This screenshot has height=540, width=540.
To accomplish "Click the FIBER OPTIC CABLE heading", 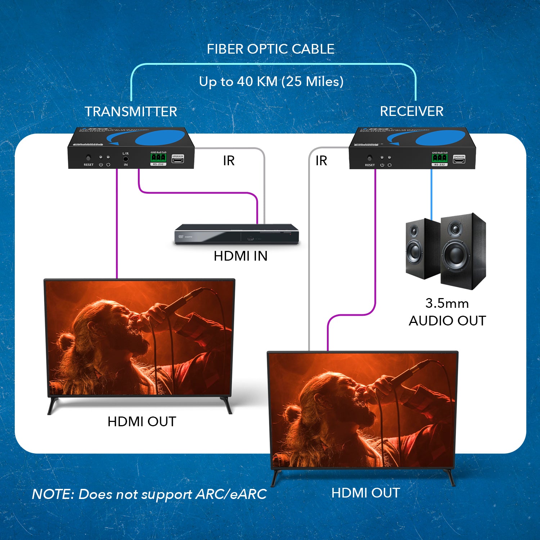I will pos(270,49).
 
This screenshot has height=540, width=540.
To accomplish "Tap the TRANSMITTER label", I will pos(131,112).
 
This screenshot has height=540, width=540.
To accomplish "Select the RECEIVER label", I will pos(411,111).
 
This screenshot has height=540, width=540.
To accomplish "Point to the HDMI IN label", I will pos(240,256).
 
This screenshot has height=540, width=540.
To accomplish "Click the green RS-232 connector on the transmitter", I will pos(158,158).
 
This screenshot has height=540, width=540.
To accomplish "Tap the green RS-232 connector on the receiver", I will pos(440,158).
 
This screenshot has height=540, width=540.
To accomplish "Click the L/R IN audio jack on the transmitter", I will pos(126,158).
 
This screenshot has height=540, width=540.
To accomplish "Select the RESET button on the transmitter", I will pos(88,158).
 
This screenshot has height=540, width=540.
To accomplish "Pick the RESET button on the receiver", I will pos(369,158).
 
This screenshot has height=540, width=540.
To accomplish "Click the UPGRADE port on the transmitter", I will pos(177,159).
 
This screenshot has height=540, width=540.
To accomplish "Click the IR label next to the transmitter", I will pos(229,161).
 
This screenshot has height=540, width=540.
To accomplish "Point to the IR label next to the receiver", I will pos(321,161).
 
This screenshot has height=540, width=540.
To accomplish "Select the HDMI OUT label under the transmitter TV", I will pos(142,422).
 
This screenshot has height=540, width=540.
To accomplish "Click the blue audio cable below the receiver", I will pos(431,194).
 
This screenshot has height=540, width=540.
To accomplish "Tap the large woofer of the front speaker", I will pos(455,254).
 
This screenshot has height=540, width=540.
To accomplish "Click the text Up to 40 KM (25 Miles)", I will pos(271,82).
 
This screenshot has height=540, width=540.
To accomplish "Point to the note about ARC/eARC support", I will pos(149,494).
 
